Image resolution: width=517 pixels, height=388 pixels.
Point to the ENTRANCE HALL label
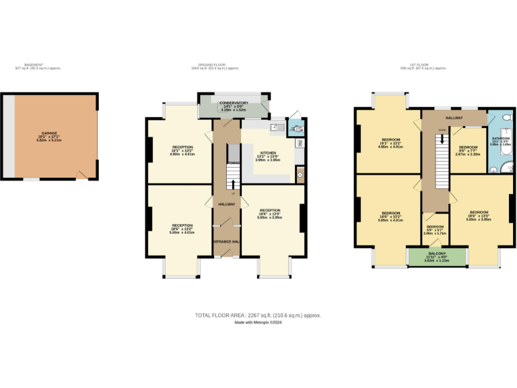click(x=227, y=240)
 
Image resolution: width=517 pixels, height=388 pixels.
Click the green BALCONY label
click(x=436, y=253)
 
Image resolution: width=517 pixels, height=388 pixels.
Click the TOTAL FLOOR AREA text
click(x=258, y=315)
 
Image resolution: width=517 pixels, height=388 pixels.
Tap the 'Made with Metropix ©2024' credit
click(x=258, y=323)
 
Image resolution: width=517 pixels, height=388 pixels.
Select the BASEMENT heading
click(x=33, y=65)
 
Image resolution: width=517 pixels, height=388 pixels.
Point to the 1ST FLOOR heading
click(x=423, y=65)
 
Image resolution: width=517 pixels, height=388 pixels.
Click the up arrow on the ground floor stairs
click(x=234, y=183)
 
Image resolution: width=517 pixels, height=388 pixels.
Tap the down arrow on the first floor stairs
click(x=442, y=139)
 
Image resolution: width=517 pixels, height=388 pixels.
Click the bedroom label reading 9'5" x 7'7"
click(x=468, y=150)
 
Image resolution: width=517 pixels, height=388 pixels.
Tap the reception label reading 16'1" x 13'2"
click(x=182, y=150)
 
